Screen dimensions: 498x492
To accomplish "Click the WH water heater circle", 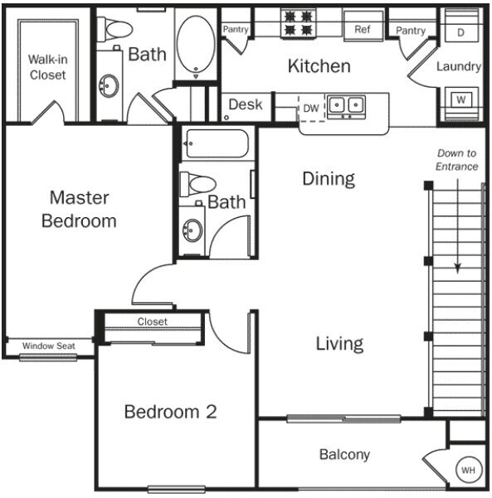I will (x=469, y=471).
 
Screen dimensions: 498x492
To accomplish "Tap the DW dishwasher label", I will (x=310, y=109).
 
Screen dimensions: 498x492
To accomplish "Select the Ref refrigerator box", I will (x=363, y=29).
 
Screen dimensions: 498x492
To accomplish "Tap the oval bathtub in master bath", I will (x=197, y=46).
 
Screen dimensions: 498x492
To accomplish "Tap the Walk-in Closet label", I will (x=46, y=67).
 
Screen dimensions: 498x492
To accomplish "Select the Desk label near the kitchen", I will (x=245, y=104).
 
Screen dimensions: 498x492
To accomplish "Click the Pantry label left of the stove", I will (x=236, y=30).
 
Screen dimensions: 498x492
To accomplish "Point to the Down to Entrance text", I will (x=457, y=160).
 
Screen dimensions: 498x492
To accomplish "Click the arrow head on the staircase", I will (x=457, y=267).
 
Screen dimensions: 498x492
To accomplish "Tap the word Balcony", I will (x=344, y=454).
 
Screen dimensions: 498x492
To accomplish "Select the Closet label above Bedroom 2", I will (x=152, y=322).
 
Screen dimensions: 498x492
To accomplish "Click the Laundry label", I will (x=459, y=66).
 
